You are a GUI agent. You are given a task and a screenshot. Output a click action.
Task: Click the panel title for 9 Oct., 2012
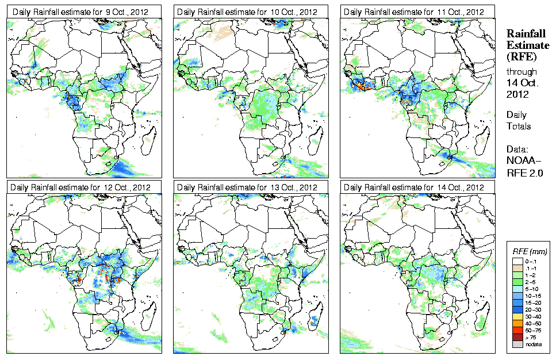pyautogui.click(x=78, y=12)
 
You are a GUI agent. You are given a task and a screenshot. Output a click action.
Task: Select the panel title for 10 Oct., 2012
pyautogui.click(x=247, y=12)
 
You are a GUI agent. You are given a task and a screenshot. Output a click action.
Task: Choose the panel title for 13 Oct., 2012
pyautogui.click(x=247, y=187)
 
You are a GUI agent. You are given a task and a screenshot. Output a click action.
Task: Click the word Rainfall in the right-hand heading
pyautogui.click(x=525, y=34)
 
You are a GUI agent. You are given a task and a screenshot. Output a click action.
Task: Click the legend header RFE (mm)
pyautogui.click(x=530, y=251)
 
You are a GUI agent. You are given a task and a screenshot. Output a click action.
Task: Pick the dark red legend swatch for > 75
pyautogui.click(x=517, y=337)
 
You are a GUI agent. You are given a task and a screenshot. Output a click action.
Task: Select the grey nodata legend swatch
pyautogui.click(x=517, y=344)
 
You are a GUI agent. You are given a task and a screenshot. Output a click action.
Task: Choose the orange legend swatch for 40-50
pyautogui.click(x=517, y=323)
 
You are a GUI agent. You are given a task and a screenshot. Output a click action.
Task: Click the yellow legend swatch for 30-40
pyautogui.click(x=517, y=316)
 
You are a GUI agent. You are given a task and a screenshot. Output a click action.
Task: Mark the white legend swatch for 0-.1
pyautogui.click(x=517, y=261)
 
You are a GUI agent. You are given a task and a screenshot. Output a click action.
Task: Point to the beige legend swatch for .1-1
pyautogui.click(x=517, y=268)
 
